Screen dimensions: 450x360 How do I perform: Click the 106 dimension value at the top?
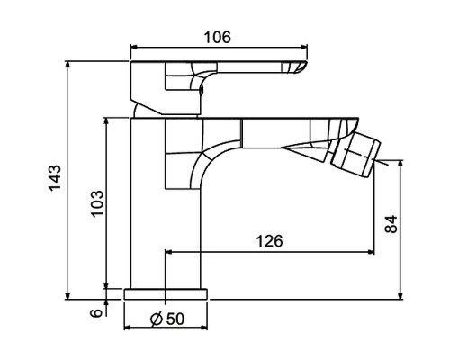click(218, 38)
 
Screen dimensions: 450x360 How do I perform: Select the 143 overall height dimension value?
click(55, 178)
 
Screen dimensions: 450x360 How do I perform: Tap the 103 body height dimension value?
click(97, 203)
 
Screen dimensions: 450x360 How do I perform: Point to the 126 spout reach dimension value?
click(269, 241)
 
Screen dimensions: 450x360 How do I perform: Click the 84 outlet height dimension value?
click(391, 224)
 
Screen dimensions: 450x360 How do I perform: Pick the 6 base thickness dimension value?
click(96, 313)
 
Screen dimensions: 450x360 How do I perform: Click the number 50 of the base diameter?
click(175, 319)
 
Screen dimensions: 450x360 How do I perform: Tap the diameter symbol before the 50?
click(157, 319)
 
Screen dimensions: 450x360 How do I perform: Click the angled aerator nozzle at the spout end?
click(355, 156)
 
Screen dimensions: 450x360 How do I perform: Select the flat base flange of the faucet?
click(166, 294)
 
